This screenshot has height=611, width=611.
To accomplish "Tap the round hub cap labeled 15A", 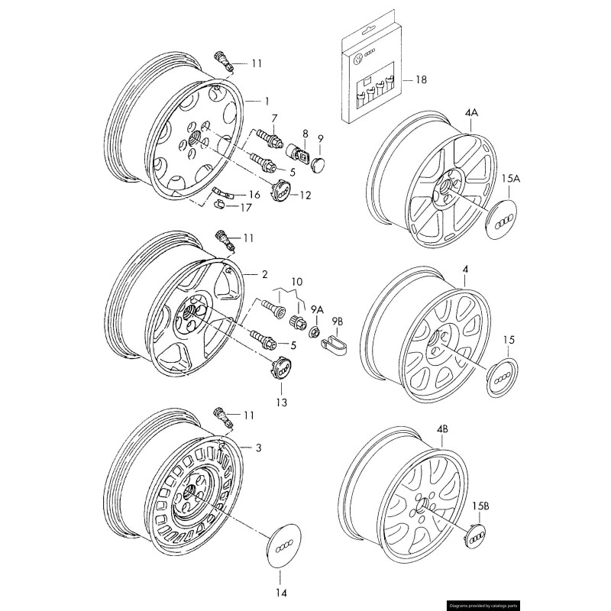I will pos(501,220).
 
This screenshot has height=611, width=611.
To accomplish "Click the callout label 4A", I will pos(471,112).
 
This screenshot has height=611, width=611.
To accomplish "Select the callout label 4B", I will pos(442,430).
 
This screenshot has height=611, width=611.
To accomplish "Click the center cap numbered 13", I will pos(281,367).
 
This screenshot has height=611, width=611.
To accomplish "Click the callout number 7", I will pos(276,117).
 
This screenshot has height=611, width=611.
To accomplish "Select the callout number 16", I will pos(254,195).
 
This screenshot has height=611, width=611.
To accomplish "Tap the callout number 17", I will pos(246,207).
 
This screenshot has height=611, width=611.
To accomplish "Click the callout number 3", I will pos(259,448).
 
